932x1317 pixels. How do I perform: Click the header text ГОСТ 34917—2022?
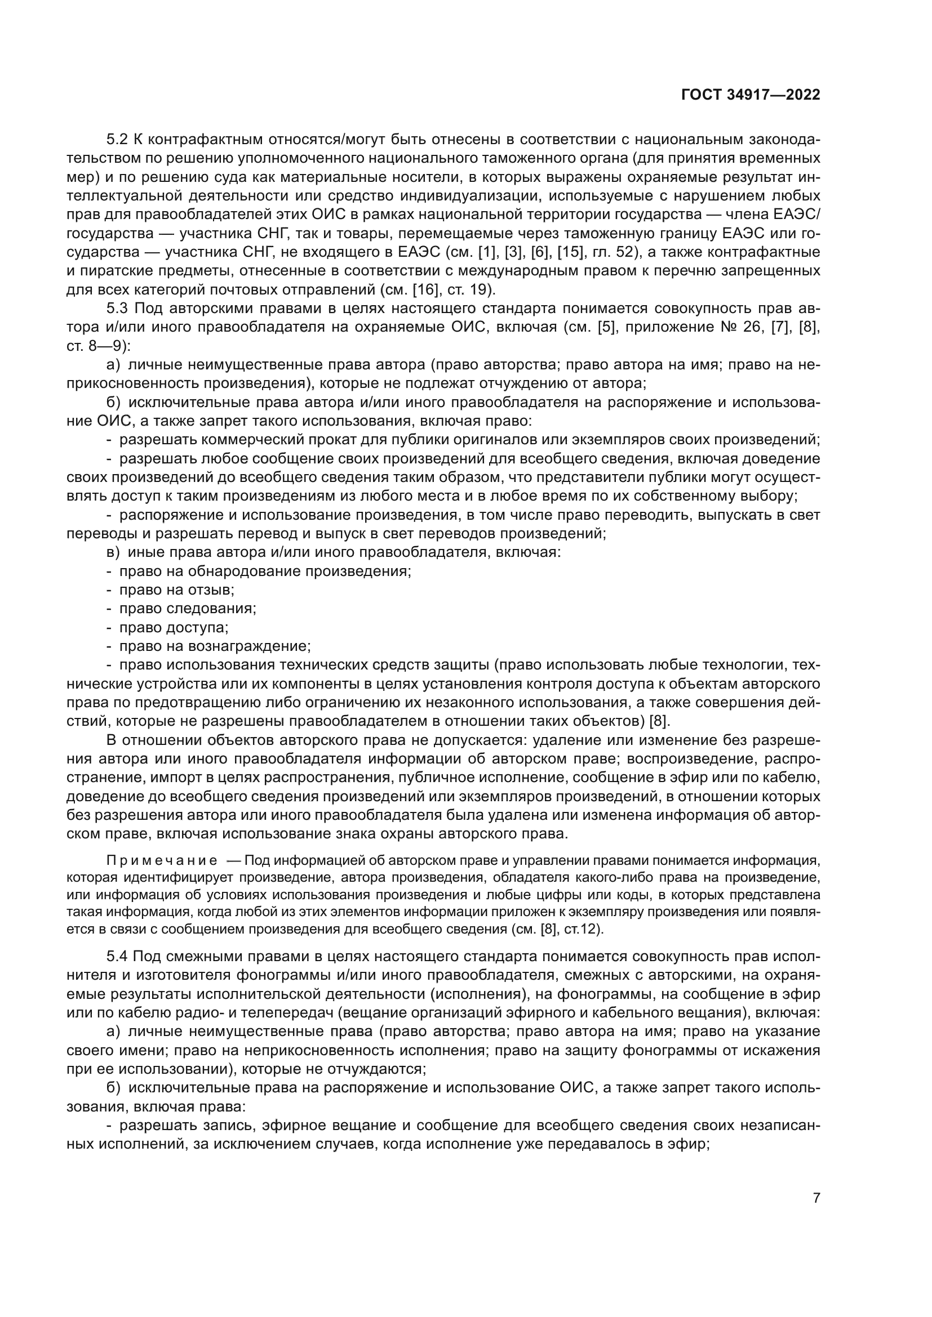[x=750, y=95]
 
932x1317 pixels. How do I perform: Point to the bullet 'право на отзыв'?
[x=176, y=590]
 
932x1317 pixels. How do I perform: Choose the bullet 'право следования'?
[x=187, y=609]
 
